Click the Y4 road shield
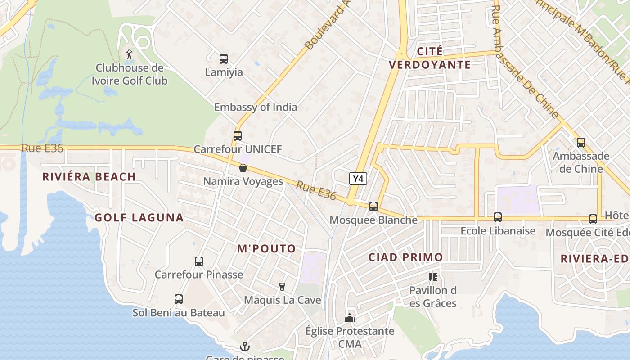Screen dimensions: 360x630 (358, 179)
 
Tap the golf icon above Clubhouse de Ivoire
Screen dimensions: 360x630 (129, 54)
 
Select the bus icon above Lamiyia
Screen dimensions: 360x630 (224, 58)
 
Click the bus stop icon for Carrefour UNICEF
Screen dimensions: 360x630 (237, 135)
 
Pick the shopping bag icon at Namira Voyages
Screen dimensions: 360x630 (243, 168)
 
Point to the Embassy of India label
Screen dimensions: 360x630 (256, 107)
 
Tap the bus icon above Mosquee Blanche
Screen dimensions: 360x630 (373, 207)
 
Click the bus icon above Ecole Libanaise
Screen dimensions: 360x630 (498, 217)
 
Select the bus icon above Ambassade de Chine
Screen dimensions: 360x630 (581, 143)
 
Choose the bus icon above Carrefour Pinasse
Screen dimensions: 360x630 (199, 261)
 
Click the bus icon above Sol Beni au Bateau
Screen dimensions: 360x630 (179, 299)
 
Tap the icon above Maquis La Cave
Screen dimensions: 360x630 (282, 287)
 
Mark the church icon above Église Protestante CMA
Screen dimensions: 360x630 (350, 318)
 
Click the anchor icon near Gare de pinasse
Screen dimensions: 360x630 (245, 346)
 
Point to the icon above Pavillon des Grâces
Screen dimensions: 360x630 (433, 277)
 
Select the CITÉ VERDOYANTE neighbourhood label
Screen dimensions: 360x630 (430, 58)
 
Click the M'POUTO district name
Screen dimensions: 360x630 (266, 248)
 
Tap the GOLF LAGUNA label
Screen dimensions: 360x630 (139, 218)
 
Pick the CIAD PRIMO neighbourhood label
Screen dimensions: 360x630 (406, 257)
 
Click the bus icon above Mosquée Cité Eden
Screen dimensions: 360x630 (593, 219)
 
